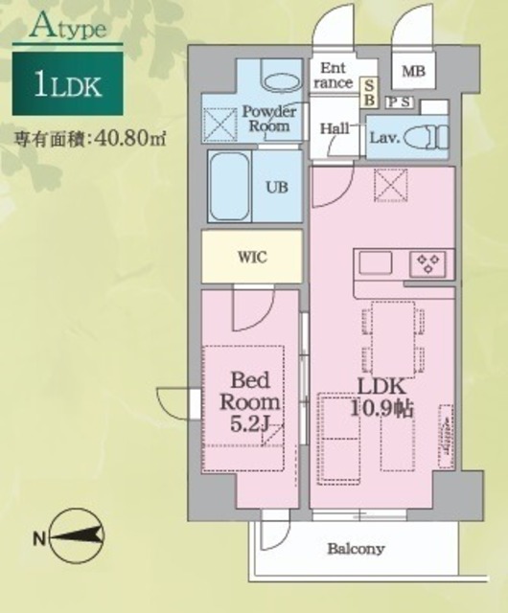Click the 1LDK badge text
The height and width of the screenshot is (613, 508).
68,85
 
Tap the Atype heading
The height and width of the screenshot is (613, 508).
68,28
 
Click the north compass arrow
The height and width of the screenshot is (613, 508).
77,534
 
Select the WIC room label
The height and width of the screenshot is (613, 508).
252,258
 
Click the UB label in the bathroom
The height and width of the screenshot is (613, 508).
277,188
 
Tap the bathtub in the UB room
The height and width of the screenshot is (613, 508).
229,187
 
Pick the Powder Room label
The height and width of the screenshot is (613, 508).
269,119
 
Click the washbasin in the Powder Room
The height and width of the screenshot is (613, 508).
281,81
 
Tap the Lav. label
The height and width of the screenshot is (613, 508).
384,137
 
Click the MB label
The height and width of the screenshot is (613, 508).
413,71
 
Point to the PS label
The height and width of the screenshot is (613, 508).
400,102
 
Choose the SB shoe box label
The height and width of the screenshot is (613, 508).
369,92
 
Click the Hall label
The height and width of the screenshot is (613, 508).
335,128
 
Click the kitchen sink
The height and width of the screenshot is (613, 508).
376,262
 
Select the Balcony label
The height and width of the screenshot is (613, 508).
356,549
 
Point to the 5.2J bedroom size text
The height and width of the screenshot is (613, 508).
249,424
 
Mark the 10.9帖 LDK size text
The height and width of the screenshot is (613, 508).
381,409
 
